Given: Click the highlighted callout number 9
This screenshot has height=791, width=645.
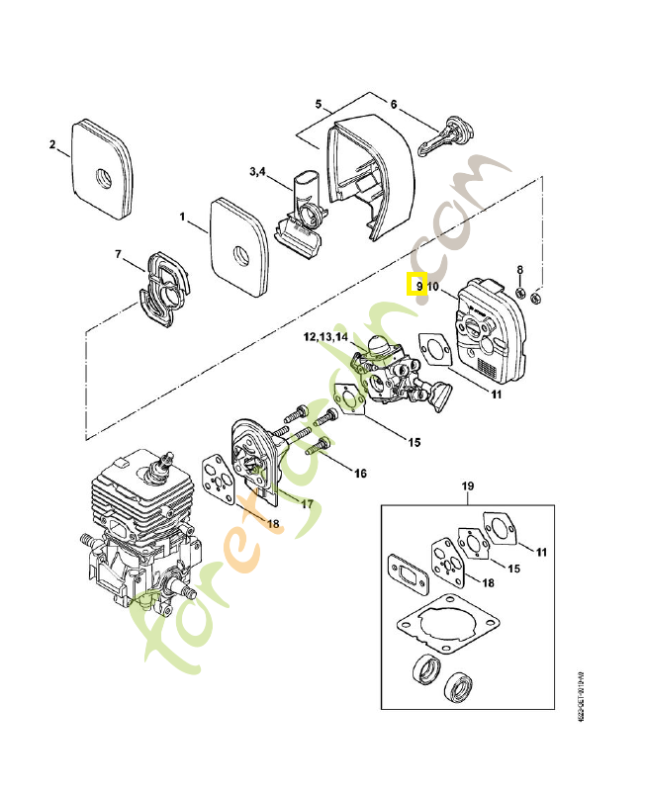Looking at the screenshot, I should click(x=418, y=286).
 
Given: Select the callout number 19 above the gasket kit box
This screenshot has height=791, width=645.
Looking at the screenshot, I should click(x=469, y=486).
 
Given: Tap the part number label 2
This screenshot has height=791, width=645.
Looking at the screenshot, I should click(x=52, y=145).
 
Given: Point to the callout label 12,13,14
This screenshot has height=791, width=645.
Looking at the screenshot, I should click(x=325, y=337).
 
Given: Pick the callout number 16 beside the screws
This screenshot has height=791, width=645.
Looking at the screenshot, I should click(x=360, y=474).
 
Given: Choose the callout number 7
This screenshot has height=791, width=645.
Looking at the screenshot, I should click(x=118, y=255).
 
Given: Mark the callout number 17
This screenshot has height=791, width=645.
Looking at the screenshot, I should click(x=307, y=502).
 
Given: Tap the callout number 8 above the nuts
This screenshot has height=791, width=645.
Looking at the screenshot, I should click(x=521, y=269).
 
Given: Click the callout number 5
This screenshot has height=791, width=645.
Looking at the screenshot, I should click(x=319, y=104).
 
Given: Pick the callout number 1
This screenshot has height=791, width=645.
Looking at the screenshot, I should click(x=182, y=215).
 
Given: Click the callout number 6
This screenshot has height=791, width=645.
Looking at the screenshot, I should click(x=393, y=104).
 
